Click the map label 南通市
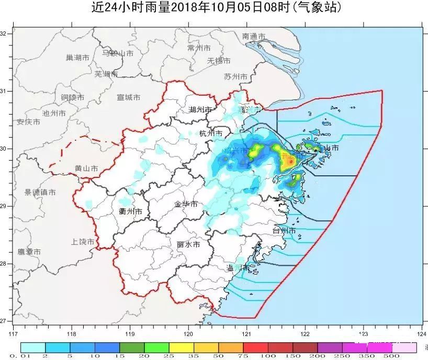coord(254,36)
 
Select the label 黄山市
coord(86,168)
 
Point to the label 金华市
coord(186,204)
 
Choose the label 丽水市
coord(188,244)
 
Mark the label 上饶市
coord(83,242)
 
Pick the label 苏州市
coord(235,76)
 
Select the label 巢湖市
coord(77,58)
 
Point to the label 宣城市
coord(128,97)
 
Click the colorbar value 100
coord(268,356)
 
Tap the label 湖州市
coord(200,109)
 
